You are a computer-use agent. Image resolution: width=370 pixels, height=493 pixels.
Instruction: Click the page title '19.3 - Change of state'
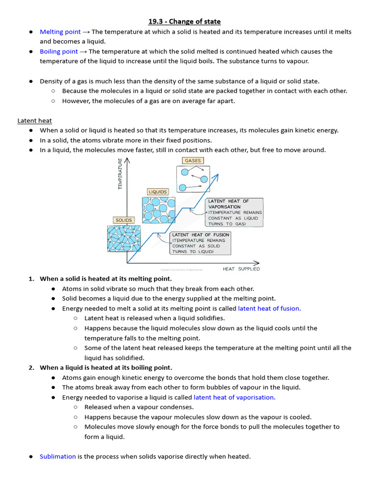pyautogui.click(x=185, y=22)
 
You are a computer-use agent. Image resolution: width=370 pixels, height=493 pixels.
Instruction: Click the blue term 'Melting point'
pyautogui.click(x=60, y=32)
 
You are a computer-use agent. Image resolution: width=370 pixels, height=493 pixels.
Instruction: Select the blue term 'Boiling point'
pyautogui.click(x=59, y=52)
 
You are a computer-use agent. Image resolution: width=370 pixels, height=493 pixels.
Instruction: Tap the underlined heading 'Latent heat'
pyautogui.click(x=35, y=121)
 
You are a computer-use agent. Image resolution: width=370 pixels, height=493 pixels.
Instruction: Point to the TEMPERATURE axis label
pyautogui.click(x=120, y=174)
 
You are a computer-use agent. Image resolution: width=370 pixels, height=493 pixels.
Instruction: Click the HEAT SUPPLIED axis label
pyautogui.click(x=241, y=269)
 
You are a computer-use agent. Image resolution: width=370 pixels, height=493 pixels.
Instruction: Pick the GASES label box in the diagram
pyautogui.click(x=193, y=161)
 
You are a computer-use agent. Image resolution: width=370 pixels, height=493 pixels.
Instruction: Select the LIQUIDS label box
pyautogui.click(x=158, y=192)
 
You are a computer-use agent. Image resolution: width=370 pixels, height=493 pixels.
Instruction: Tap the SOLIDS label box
pyautogui.click(x=124, y=220)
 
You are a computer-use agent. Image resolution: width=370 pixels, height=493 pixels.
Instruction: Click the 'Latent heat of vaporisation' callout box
pyautogui.click(x=235, y=212)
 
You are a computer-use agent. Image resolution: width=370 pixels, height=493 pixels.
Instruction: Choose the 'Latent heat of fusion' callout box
pyautogui.click(x=200, y=243)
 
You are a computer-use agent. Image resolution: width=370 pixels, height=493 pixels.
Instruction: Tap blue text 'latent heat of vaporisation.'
pyautogui.click(x=235, y=398)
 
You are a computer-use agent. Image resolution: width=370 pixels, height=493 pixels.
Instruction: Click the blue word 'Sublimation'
pyautogui.click(x=58, y=456)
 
